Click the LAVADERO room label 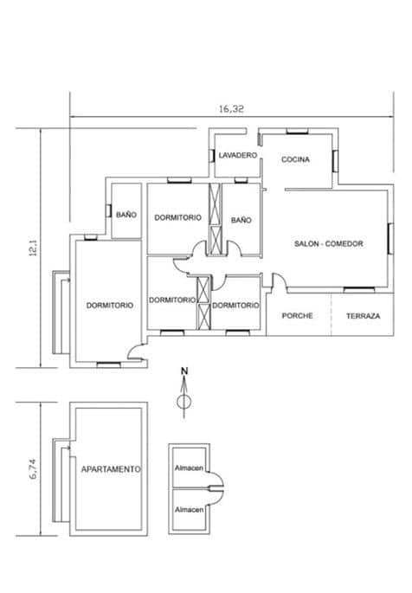(238, 155)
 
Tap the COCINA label (295, 159)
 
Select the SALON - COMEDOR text (328, 243)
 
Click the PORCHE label (298, 315)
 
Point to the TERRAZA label (364, 316)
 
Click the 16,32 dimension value (231, 109)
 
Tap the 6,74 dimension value (34, 470)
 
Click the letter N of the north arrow (184, 371)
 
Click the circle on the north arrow (184, 402)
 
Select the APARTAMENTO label (111, 469)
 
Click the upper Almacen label (189, 468)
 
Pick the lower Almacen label (189, 510)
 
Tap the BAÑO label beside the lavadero (241, 220)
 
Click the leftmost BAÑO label (126, 215)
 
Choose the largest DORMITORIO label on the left (110, 306)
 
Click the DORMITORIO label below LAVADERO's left (177, 217)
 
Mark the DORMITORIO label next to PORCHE (235, 306)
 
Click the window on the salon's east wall (391, 239)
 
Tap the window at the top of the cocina (297, 132)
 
